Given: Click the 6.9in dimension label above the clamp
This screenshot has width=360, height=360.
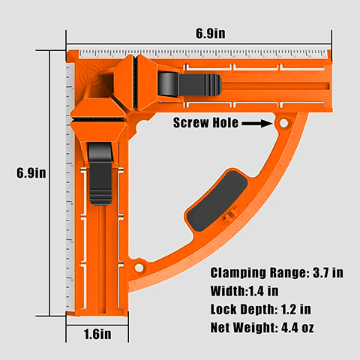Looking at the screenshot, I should pyautogui.click(x=211, y=33).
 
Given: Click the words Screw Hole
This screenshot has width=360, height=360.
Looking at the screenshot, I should pyautogui.click(x=205, y=122).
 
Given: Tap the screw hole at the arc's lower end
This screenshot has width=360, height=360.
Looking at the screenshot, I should pyautogui.click(x=139, y=265).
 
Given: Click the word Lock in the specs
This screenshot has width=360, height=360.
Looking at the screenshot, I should pyautogui.click(x=225, y=309).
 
